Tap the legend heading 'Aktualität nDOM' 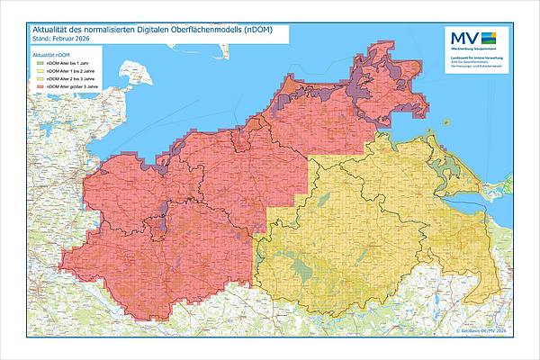[x=52, y=56]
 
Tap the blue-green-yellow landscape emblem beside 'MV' [x=489, y=38]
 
